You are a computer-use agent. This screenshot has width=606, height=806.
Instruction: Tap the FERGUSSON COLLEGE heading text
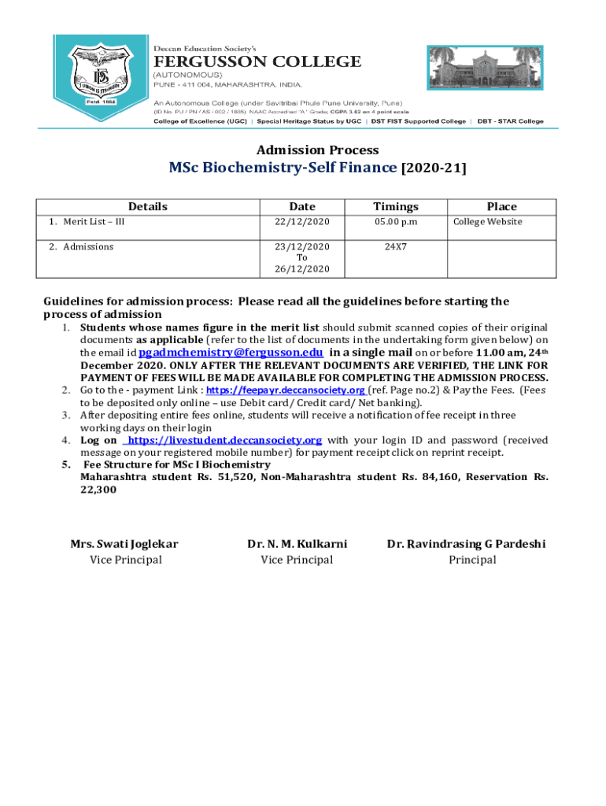point(257,61)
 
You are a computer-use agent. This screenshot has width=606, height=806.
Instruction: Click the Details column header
point(148,206)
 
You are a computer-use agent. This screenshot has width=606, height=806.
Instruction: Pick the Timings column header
point(395,206)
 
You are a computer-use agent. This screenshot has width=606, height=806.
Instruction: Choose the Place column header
point(501,206)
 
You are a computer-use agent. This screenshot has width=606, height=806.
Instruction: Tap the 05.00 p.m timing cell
point(395,222)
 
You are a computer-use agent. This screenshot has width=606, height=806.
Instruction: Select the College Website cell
point(487,222)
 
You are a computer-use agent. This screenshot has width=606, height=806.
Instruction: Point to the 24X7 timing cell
point(395,247)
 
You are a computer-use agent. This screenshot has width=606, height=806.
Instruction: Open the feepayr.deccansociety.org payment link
point(286,390)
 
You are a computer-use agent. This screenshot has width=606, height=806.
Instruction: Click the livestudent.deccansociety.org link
point(224,440)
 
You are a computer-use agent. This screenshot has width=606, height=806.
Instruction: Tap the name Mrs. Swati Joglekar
point(124,544)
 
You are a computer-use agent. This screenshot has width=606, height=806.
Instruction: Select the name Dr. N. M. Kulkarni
point(297,544)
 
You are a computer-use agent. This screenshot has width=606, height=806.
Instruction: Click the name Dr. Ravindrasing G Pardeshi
point(466,544)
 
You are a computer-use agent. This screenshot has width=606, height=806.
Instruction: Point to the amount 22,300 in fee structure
point(98,490)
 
